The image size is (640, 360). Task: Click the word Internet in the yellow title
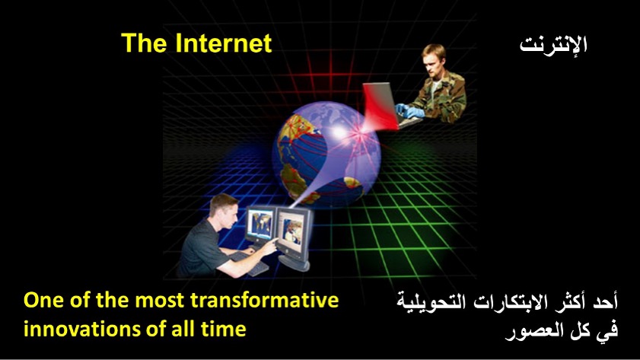(x=224, y=43)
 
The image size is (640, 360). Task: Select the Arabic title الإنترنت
(x=553, y=44)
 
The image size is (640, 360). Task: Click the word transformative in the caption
(x=265, y=301)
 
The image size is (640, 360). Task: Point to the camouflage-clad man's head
(x=434, y=59)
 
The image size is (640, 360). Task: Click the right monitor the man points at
(x=293, y=231)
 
